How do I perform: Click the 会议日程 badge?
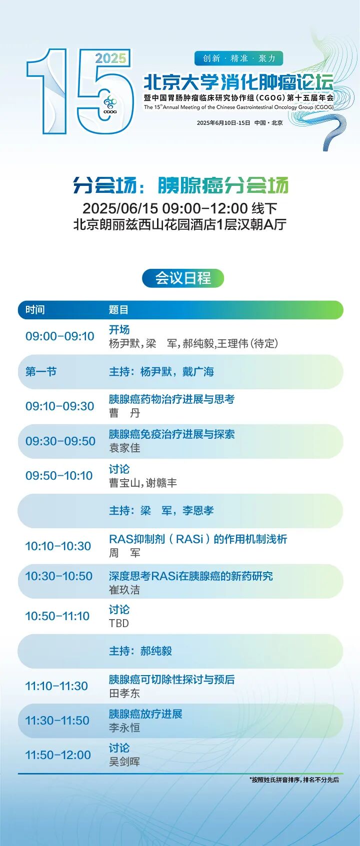tap(182, 278)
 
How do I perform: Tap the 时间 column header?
tap(35, 310)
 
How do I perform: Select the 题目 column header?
tap(118, 310)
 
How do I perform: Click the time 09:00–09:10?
tap(59, 336)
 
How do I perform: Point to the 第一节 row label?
tap(41, 372)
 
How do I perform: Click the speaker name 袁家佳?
tap(124, 448)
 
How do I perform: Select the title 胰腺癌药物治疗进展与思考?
tap(171, 399)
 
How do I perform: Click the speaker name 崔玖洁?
tap(124, 590)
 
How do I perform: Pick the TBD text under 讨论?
tap(119, 623)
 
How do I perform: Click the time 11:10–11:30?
tap(56, 686)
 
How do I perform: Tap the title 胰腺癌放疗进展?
tap(145, 714)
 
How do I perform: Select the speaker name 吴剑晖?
tap(124, 762)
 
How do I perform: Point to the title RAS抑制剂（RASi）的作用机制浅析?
tap(198, 539)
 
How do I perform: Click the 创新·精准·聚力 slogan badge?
tap(238, 58)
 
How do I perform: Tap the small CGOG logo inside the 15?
tap(110, 105)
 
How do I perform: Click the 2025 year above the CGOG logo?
tap(110, 58)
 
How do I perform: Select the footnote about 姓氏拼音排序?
tap(294, 780)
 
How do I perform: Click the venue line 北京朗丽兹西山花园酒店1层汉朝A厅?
tap(179, 225)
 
